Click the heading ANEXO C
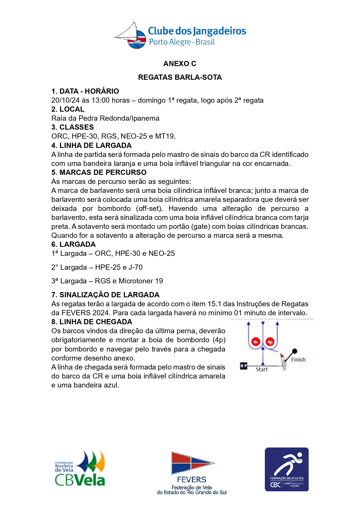pos(180,64)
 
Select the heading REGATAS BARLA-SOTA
pos(180,77)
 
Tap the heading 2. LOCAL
pos(68,109)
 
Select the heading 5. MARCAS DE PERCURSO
pos(99,172)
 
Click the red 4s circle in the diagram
pos(255,342)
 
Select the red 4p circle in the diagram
pos(270,342)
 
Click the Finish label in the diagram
pos(298,360)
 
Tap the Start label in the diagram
pos(262,369)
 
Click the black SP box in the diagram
pos(244,366)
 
